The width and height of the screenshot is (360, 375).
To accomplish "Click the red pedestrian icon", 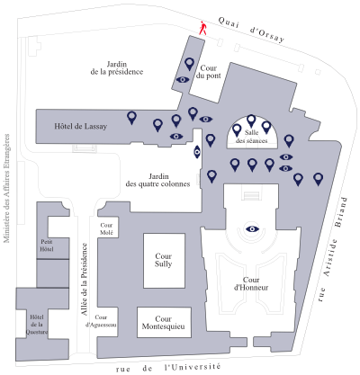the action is coord(203,28).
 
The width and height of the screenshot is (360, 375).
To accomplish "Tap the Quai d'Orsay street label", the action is coord(251,30).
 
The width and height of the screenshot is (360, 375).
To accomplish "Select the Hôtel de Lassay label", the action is coord(80,126).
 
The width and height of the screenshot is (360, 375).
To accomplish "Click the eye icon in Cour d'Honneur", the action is coord(252,229).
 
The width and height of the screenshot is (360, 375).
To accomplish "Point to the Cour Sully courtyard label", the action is coord(164,260).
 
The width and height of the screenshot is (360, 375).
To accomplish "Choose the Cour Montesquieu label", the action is coord(164,323).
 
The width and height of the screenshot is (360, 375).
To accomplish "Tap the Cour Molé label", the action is coord(106,228).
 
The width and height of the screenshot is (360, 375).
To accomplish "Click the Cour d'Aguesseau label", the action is coord(101,321).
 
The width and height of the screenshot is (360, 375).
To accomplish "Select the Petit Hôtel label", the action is coord(47,246).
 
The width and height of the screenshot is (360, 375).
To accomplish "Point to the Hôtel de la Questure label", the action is coord(37,325).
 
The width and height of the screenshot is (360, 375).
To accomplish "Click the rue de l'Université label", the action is coord(168,368).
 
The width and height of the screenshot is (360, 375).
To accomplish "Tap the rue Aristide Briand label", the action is coord(333,249).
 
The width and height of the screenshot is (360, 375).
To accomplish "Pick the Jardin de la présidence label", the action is coord(117,68).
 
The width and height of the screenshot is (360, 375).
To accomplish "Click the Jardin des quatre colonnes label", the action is coord(157,180).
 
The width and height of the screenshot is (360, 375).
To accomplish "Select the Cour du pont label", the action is coord(209,72).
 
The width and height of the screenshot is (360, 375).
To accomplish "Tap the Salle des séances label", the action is coord(251,137).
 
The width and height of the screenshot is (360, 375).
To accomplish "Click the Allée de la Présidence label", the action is coord(85,279).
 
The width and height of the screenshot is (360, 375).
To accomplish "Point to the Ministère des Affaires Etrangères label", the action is coord(6,188).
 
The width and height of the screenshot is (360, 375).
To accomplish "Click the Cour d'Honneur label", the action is coord(251,283).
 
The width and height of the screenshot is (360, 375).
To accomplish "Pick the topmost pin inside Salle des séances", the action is coord(251,121).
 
